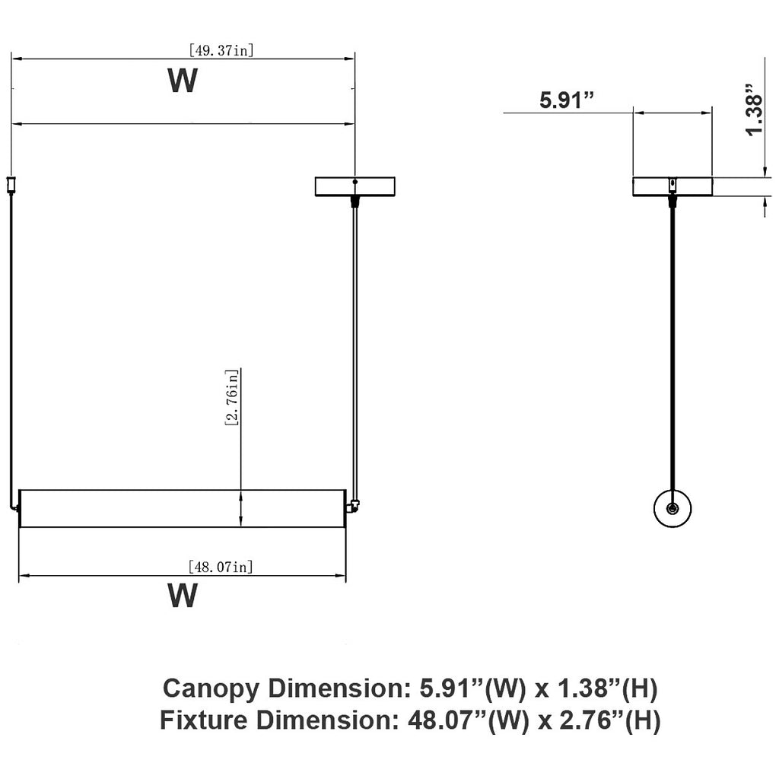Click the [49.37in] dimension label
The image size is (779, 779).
click(221, 50)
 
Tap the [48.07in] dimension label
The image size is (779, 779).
click(221, 566)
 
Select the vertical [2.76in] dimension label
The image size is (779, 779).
click(232, 397)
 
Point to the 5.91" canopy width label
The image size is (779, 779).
click(567, 100)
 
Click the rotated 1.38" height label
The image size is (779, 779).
click(754, 110)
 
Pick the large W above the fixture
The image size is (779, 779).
click(183, 81)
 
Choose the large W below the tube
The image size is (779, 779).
click(183, 595)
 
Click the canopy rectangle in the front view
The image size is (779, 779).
click(355, 186)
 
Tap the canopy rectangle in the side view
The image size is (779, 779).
click(672, 186)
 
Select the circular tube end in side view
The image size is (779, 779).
click(672, 508)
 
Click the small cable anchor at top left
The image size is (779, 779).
click(11, 185)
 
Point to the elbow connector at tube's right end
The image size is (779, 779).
click(353, 507)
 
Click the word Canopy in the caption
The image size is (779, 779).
click(211, 689)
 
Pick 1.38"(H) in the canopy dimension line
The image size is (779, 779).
click(608, 688)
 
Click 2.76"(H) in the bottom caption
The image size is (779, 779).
click(611, 720)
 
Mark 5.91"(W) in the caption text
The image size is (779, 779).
click(472, 688)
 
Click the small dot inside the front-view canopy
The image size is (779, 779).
click(355, 182)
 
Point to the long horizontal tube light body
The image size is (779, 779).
click(183, 508)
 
